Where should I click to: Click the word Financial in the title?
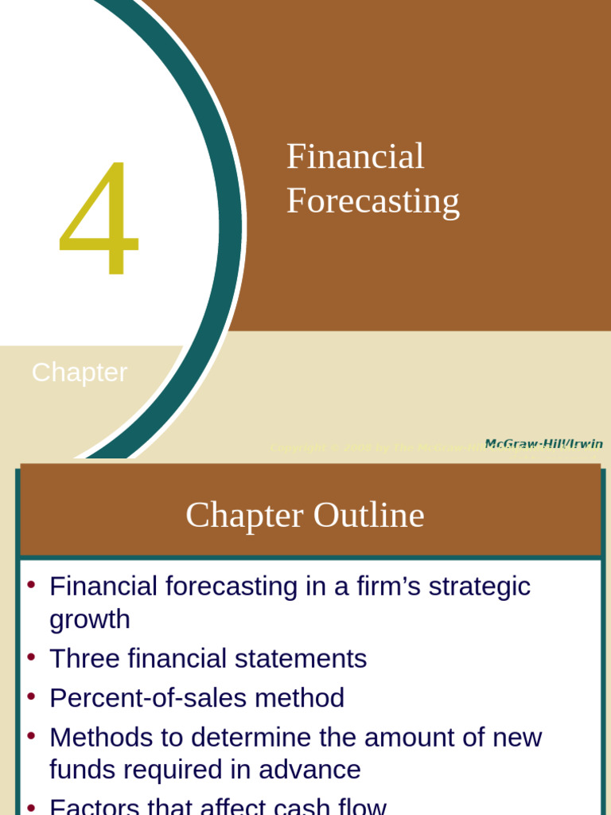(x=355, y=157)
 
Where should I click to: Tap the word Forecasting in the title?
(x=372, y=201)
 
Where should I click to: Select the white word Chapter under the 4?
(x=80, y=372)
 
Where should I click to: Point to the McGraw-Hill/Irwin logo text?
(x=543, y=444)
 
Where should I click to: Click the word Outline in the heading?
(x=368, y=515)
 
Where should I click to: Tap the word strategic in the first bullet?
(x=479, y=587)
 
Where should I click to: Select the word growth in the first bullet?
(x=89, y=619)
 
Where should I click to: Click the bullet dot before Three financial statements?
(x=31, y=657)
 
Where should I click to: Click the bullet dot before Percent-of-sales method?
(x=31, y=696)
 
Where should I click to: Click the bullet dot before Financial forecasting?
(x=31, y=585)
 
